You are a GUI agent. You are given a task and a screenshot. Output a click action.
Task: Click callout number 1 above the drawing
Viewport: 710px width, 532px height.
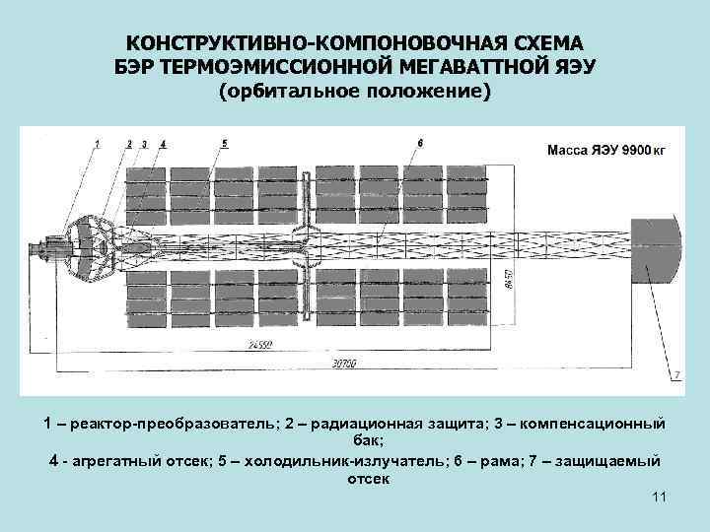click(x=98, y=144)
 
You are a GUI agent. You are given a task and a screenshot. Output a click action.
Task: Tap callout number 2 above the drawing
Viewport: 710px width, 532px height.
click(x=130, y=144)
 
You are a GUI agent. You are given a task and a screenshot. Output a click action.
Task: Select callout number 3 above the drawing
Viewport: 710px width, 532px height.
click(x=144, y=144)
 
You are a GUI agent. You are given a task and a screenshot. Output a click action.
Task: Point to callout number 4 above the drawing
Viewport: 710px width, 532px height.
click(x=163, y=144)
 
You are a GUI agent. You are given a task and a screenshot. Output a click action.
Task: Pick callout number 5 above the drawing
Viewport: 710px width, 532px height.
click(x=225, y=143)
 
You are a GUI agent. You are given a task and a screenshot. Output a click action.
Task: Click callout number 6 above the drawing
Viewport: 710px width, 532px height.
click(x=420, y=143)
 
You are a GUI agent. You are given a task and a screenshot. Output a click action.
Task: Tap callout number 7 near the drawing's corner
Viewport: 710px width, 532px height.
click(x=676, y=374)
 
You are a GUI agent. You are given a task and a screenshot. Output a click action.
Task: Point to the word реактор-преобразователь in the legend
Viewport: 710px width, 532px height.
click(x=162, y=423)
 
